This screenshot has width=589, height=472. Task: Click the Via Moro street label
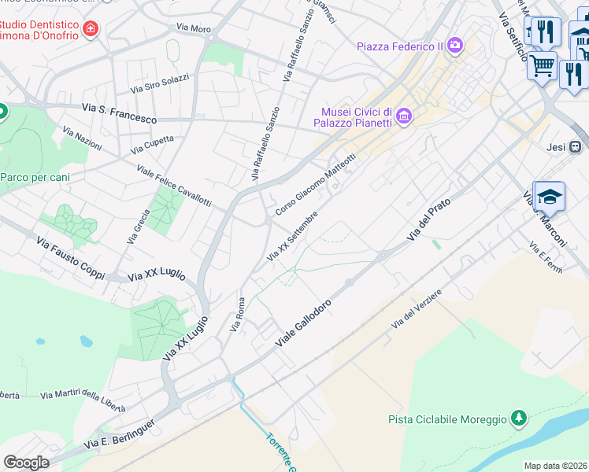[x=194, y=28]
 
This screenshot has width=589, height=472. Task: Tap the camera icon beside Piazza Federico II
[x=455, y=46]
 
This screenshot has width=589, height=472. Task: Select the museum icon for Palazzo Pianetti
[x=404, y=117]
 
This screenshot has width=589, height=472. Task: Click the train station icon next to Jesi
[x=576, y=146]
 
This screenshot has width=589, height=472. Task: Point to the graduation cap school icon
[x=551, y=197]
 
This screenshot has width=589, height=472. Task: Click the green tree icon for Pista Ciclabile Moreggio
[x=518, y=419]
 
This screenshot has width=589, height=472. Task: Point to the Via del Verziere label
[x=417, y=310]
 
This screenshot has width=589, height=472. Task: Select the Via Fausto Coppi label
[x=71, y=257]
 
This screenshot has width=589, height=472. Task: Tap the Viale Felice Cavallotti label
[x=173, y=186]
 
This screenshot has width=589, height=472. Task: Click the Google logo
[x=26, y=463]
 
